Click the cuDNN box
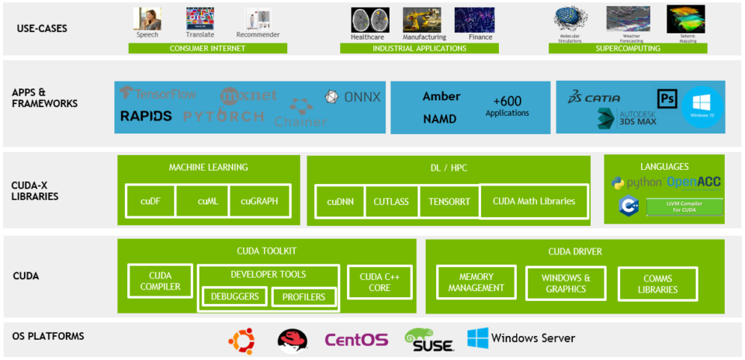pyautogui.click(x=340, y=201)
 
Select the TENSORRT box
pyautogui.click(x=449, y=201)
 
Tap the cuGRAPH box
pyautogui.click(x=259, y=201)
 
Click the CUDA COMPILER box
pyautogui.click(x=161, y=281)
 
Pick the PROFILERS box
pyautogui.click(x=303, y=297)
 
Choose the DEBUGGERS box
pyautogui.click(x=235, y=297)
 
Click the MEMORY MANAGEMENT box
pyautogui.click(x=476, y=282)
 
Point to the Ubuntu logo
pyautogui.click(x=241, y=339)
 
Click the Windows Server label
pyautogui.click(x=533, y=338)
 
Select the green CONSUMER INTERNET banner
pyautogui.click(x=207, y=48)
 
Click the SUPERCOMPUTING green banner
pyautogui.click(x=628, y=48)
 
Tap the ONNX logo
pyautogui.click(x=353, y=97)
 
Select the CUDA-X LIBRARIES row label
pyautogui.click(x=35, y=191)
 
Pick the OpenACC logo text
pyautogui.click(x=693, y=182)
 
